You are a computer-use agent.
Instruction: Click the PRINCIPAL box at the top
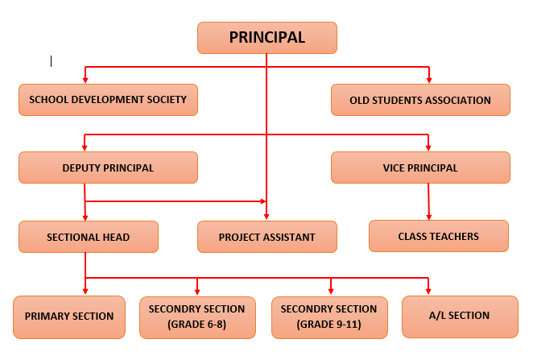coord(267,38)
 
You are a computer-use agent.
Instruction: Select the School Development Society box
coord(108,100)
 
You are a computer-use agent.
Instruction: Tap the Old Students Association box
coord(420,100)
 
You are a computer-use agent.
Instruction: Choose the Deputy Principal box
coord(108,168)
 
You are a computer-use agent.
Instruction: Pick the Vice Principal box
coord(420,168)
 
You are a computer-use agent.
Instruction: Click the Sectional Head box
coord(89,237)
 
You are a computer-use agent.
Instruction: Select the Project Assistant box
coord(267,237)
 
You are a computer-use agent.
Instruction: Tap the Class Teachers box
coord(439,236)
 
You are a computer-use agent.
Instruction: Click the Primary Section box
coord(69,317)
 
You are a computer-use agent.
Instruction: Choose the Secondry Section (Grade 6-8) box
coord(197,317)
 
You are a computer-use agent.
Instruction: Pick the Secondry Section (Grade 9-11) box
coord(329,317)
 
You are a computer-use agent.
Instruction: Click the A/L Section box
coord(460,317)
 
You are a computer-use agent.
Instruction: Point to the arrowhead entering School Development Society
coord(85,81)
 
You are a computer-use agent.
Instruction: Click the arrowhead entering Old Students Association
coord(429,81)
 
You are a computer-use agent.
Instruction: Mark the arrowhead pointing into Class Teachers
coord(429,217)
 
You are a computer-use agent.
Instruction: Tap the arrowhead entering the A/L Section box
coord(428,292)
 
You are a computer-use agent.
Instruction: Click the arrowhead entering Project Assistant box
coord(266,217)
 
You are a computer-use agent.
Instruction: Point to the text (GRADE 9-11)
coord(329,325)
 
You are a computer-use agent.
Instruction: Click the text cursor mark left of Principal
coord(51,61)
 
